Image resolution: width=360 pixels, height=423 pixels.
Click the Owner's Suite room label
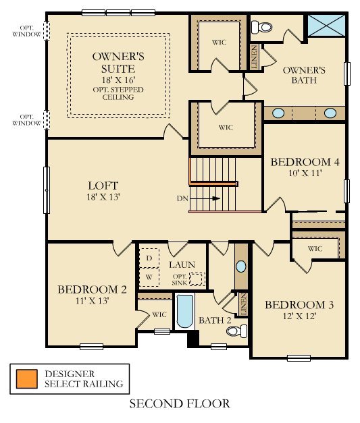pyautogui.click(x=114, y=62)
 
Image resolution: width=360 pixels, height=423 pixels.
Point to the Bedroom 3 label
pyautogui.click(x=299, y=304)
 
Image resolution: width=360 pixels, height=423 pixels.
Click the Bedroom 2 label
pyautogui.click(x=92, y=289)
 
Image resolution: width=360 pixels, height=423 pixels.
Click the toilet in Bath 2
pyautogui.click(x=236, y=331)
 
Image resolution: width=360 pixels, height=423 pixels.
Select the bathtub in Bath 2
pyautogui.click(x=184, y=312)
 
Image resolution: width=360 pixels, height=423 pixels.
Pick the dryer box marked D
pyautogui.click(x=149, y=258)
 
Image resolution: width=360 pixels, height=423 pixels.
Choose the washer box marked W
pyautogui.click(x=149, y=276)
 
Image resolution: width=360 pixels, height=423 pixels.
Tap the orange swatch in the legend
pyautogui.click(x=26, y=378)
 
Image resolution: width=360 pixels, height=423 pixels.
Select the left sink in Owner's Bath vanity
pyautogui.click(x=278, y=112)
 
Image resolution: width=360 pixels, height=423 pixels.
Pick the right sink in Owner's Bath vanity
pyautogui.click(x=330, y=112)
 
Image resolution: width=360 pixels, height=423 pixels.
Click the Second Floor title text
pyautogui.click(x=180, y=404)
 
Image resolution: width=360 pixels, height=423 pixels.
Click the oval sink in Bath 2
pyautogui.click(x=241, y=266)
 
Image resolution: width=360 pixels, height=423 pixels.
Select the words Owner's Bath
pyautogui.click(x=305, y=75)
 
